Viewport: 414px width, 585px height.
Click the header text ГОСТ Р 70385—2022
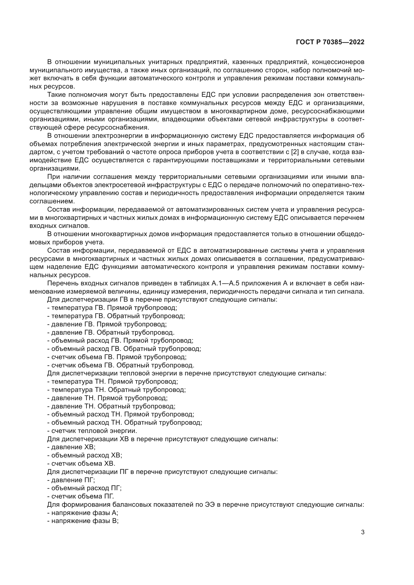click(x=330, y=42)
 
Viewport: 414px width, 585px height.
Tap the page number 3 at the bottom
click(x=362, y=532)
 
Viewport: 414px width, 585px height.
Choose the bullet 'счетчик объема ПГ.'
click(x=81, y=496)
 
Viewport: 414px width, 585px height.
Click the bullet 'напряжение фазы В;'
click(x=83, y=521)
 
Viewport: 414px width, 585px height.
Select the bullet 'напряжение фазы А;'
click(x=83, y=513)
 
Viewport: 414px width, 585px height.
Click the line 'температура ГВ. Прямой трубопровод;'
click(x=112, y=308)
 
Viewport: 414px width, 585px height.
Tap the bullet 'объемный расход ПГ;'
click(x=84, y=488)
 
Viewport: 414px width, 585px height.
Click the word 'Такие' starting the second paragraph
click(x=56, y=95)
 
